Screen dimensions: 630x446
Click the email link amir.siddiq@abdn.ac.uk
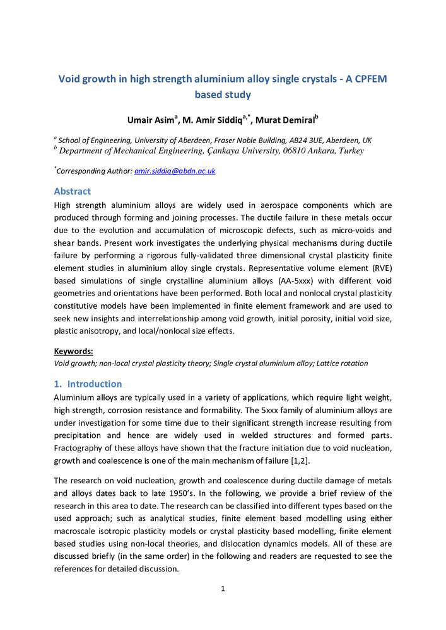point(175,171)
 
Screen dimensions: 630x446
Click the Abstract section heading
point(73,191)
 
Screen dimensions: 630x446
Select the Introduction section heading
point(95,384)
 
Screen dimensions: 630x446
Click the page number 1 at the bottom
point(223,589)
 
